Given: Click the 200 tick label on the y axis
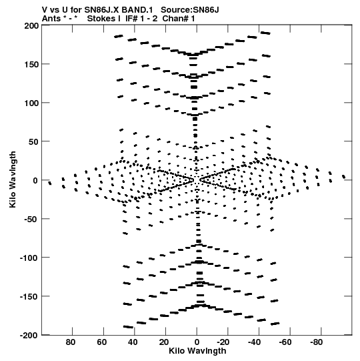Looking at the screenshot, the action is (31, 25).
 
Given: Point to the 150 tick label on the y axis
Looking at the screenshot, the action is (31, 65).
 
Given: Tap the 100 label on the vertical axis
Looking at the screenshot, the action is (31, 103).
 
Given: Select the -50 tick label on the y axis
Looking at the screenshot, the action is (31, 220).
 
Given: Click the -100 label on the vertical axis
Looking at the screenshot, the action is (29, 258).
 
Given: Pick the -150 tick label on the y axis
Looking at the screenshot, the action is (29, 297).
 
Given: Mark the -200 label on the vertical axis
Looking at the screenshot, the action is (29, 336).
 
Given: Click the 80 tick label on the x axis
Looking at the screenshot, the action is (71, 342).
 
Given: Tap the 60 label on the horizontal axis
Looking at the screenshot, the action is (101, 342).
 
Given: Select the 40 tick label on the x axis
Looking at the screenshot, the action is (133, 342).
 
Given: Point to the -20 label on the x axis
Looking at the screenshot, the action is (223, 342).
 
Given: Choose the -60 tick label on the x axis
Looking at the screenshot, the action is (285, 342).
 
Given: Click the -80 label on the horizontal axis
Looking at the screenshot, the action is (316, 342).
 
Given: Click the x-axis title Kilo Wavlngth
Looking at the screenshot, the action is (197, 351).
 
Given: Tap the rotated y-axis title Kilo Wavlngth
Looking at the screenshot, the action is (13, 179).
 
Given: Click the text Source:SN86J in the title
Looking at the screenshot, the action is (190, 10).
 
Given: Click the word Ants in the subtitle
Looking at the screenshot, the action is (51, 19).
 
